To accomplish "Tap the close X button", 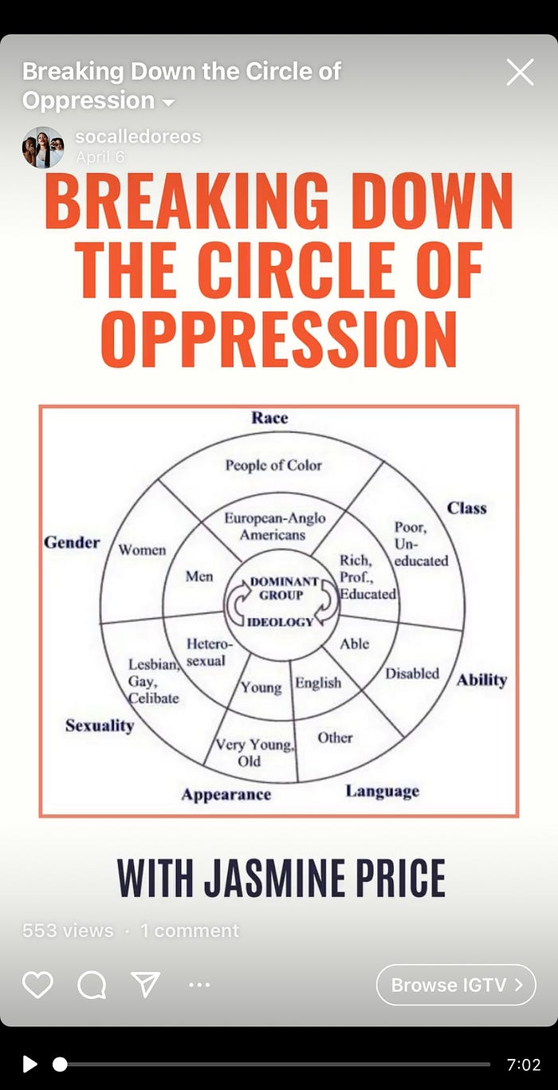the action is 520,73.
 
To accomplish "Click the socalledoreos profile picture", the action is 43,147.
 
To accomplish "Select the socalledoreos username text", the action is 138,136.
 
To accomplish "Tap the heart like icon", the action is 37,985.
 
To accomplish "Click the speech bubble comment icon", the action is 92,985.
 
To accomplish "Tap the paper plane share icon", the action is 146,985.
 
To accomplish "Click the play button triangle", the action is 29,1064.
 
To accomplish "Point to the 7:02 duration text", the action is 524,1064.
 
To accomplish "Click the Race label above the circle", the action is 269,418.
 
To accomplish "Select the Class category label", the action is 466,508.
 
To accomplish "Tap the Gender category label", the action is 72,542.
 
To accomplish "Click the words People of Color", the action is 273,465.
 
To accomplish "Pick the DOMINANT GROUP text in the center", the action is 285,588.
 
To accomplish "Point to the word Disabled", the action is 412,674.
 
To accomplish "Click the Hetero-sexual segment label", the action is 207,652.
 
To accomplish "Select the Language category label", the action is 382,791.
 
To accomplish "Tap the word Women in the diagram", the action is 142,550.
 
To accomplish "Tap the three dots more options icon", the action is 199,985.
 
